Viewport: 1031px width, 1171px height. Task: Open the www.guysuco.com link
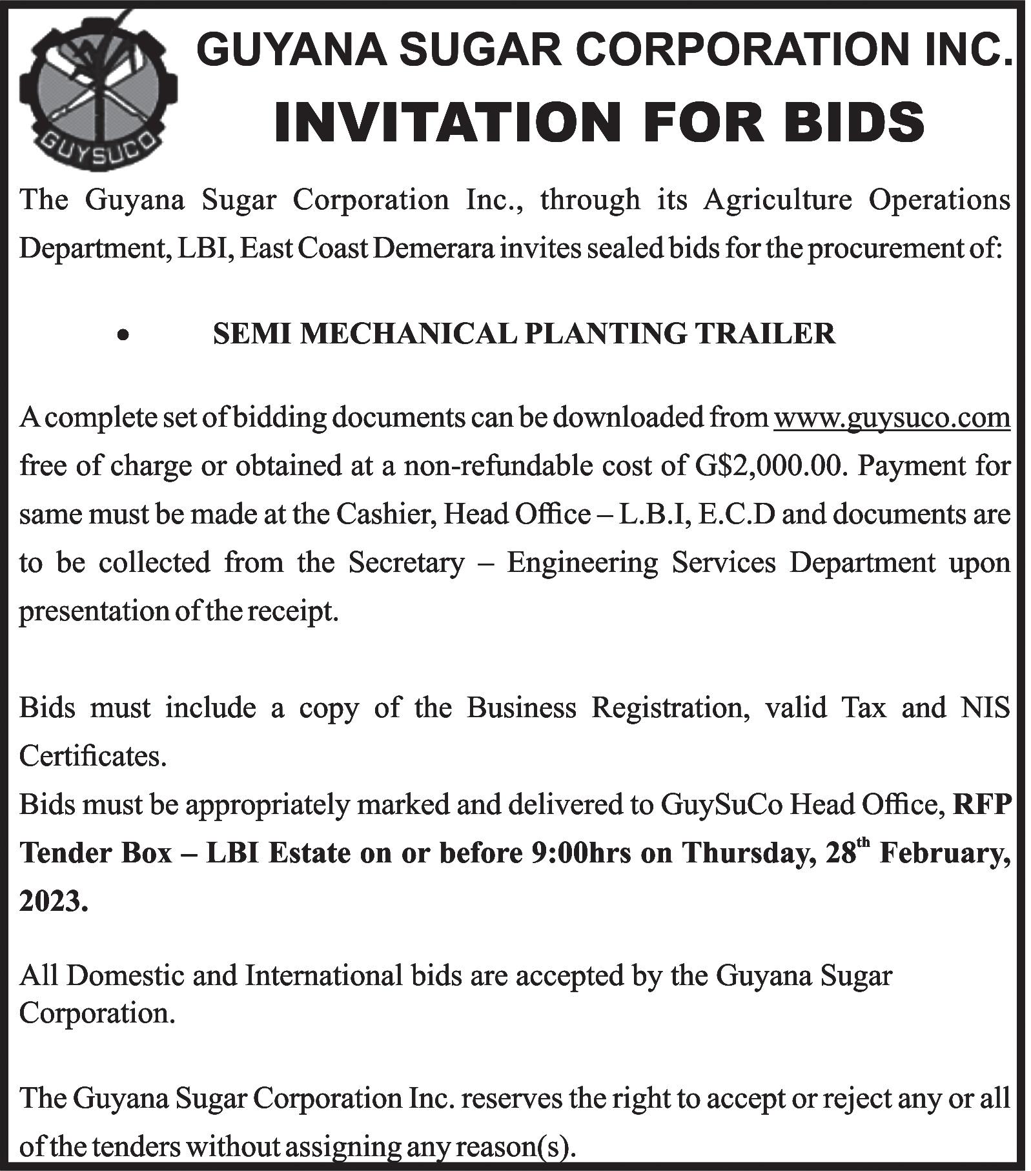(892, 418)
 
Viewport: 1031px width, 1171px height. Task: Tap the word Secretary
(406, 563)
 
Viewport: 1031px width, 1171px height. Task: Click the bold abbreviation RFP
(982, 805)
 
